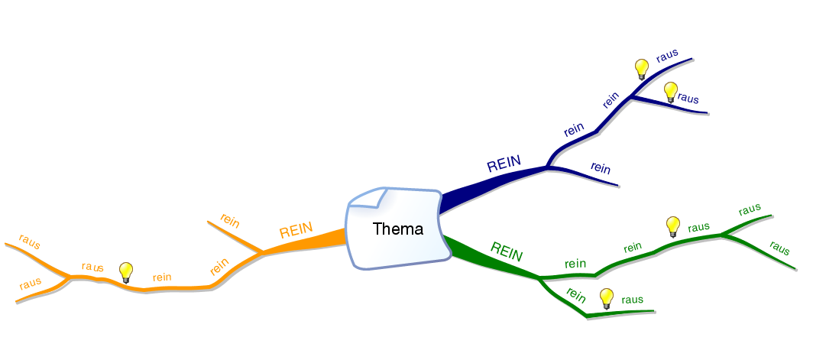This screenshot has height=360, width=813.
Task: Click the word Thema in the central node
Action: pyautogui.click(x=397, y=229)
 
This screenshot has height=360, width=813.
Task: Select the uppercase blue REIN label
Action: pyautogui.click(x=504, y=164)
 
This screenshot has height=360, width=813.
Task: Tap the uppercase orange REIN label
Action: pyautogui.click(x=296, y=231)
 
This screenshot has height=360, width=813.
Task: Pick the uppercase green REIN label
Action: pyautogui.click(x=506, y=251)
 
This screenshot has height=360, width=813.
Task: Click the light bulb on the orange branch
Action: pyautogui.click(x=127, y=271)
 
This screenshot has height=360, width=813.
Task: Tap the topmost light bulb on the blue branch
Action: pyautogui.click(x=642, y=70)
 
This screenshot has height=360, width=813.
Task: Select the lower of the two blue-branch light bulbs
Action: pyautogui.click(x=670, y=92)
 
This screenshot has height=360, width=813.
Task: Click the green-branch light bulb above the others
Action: pyautogui.click(x=672, y=226)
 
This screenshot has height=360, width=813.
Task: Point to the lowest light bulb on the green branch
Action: pyautogui.click(x=607, y=298)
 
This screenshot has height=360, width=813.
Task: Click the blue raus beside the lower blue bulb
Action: pyautogui.click(x=688, y=98)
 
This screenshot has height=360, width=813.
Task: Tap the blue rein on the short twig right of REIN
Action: pyautogui.click(x=601, y=167)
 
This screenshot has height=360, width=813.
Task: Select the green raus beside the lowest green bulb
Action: pyautogui.click(x=632, y=300)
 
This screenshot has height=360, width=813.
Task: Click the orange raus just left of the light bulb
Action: pyautogui.click(x=93, y=267)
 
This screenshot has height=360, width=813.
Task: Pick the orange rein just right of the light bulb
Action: pyautogui.click(x=162, y=277)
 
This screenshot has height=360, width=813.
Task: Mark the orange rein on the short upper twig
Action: pyautogui.click(x=230, y=220)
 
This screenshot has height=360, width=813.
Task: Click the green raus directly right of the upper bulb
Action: pyautogui.click(x=698, y=227)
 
